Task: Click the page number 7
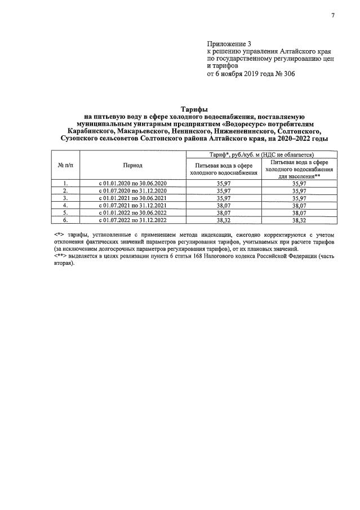pos(332,15)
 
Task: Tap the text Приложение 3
pos(228,43)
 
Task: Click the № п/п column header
pos(65,165)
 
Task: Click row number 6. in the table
pos(65,220)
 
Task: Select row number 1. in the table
pos(65,183)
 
